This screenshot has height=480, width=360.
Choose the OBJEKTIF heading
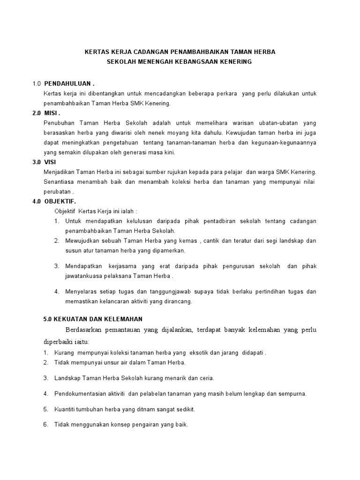(63, 201)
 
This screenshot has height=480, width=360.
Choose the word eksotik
(214, 352)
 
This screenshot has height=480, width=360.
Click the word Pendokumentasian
(84, 393)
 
